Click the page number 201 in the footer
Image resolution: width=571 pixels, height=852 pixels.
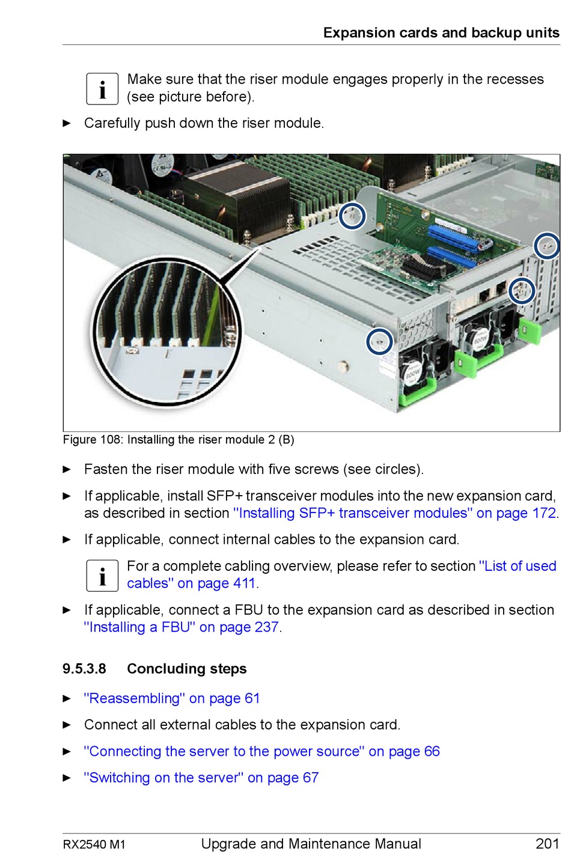[x=547, y=843]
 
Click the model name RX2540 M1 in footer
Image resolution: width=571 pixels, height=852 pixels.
[x=94, y=844]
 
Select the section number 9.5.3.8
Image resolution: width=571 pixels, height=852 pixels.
[x=84, y=669]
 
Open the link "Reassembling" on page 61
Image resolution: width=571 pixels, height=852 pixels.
[x=172, y=698]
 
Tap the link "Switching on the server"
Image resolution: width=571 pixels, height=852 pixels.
[x=201, y=777]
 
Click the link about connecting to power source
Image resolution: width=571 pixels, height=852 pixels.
[x=261, y=751]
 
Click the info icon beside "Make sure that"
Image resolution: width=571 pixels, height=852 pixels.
[x=102, y=88]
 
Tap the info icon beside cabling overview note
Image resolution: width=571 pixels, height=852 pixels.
[x=102, y=575]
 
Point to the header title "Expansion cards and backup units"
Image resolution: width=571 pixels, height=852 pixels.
[x=441, y=32]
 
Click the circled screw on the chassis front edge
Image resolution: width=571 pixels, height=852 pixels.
[x=379, y=341]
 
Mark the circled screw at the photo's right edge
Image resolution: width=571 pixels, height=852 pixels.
[x=547, y=245]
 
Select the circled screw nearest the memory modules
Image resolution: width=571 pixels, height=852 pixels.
[x=352, y=216]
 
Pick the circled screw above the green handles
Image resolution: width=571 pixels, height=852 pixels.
[x=521, y=291]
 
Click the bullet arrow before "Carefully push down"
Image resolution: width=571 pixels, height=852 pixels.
[x=67, y=123]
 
